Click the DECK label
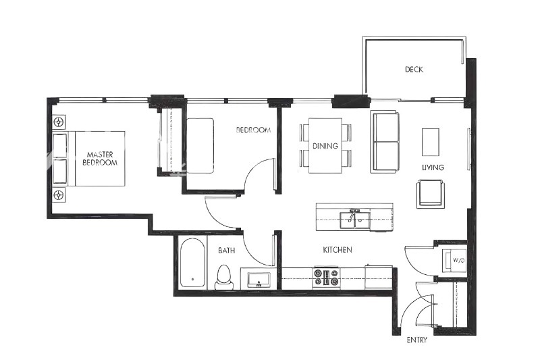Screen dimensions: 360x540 pos(414,70)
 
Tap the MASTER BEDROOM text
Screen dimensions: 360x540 pos(100,159)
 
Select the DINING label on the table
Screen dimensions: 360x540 pos(325,146)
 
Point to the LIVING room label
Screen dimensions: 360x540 pos(433,168)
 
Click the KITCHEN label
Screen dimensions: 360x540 pos(337,250)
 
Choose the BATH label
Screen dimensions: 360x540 pos(226,251)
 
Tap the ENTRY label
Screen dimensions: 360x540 pos(416,340)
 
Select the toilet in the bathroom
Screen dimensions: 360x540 pos(224,277)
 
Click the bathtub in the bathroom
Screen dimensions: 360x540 pos(193,264)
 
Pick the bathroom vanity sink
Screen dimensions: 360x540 pos(259,278)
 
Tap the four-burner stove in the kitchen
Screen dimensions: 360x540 pos(325,278)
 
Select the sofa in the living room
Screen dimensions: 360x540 pos(385,142)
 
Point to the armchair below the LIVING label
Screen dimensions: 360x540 pos(431,193)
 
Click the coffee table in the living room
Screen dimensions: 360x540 pos(431,142)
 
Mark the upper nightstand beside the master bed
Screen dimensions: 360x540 pos(59,122)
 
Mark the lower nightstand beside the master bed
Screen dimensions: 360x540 pos(59,195)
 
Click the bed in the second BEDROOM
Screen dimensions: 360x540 pos(200,145)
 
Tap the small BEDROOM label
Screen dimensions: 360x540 pos(253,130)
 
